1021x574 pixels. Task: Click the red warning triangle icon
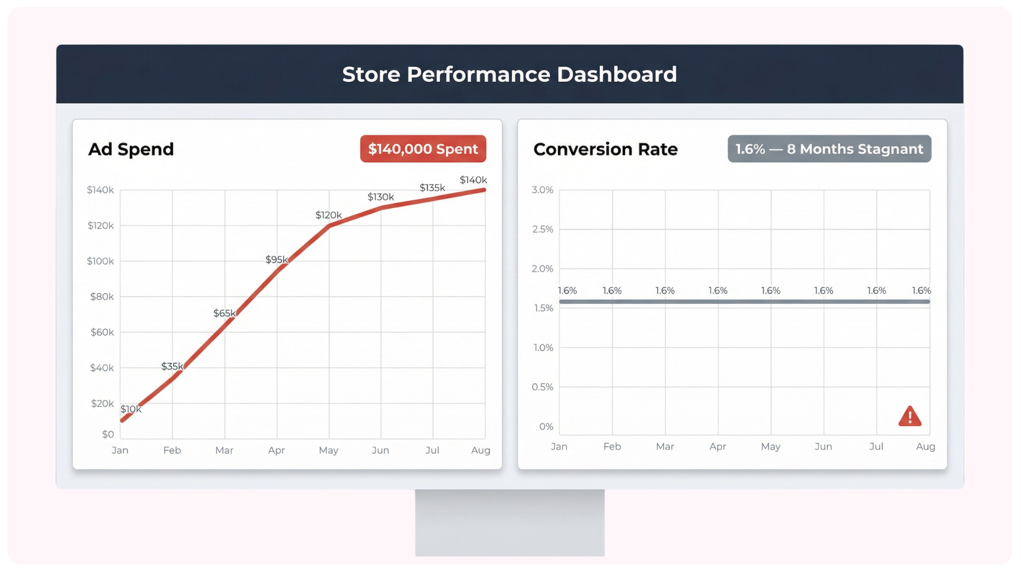tap(909, 417)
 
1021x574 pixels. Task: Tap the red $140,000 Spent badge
tap(423, 149)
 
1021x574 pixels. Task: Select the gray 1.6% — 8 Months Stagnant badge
tap(829, 149)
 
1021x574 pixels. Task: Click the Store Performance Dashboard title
tap(509, 74)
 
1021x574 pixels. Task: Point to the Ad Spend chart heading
tap(131, 149)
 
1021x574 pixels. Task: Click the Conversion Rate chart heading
tap(605, 149)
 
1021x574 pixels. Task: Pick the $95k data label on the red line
tap(277, 259)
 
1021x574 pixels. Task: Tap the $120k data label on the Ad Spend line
tap(329, 215)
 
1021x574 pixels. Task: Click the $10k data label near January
tap(131, 409)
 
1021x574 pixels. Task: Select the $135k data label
tap(432, 188)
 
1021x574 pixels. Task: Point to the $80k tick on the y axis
tap(102, 297)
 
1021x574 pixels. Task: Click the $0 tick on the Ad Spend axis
tap(108, 434)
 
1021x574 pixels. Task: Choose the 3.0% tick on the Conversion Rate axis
tap(542, 190)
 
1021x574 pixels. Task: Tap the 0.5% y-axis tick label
tap(542, 387)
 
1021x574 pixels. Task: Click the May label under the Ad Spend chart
tap(328, 450)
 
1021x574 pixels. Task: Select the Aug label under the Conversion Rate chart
tap(925, 446)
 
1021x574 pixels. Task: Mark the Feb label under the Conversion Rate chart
tap(612, 446)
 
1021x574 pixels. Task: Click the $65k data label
tap(224, 313)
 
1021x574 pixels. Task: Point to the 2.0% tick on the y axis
tap(542, 268)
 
